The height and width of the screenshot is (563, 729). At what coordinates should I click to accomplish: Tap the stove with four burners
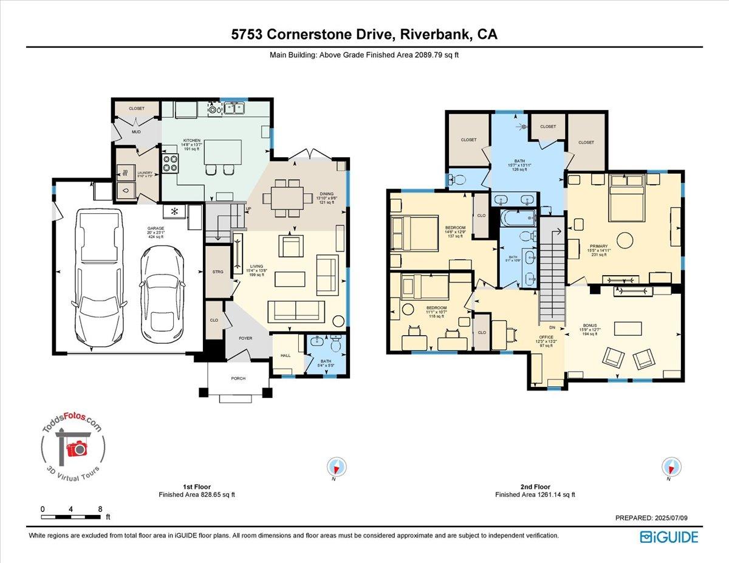[169, 163]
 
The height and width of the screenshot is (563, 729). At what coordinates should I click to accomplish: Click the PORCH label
[238, 378]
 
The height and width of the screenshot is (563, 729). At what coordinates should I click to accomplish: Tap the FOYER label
[245, 338]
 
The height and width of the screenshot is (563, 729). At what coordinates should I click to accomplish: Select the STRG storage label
[218, 272]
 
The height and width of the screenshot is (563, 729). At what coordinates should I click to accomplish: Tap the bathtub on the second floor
[519, 218]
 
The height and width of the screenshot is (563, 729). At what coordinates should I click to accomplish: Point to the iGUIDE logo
[669, 537]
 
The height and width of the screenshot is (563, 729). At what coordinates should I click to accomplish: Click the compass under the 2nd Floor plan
[670, 467]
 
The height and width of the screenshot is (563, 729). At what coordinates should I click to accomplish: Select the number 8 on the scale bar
[100, 509]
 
